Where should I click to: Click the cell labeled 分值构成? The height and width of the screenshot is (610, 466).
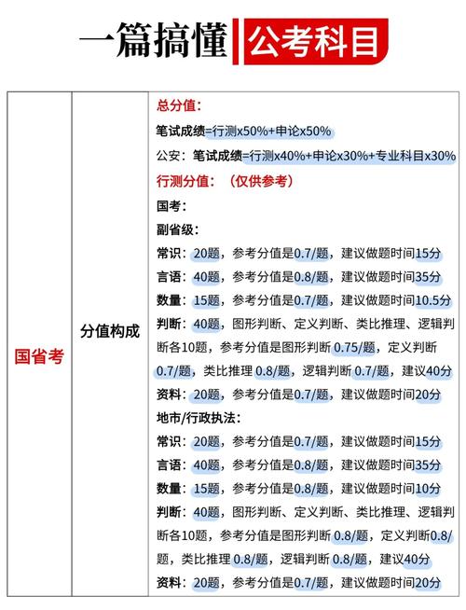click(x=109, y=331)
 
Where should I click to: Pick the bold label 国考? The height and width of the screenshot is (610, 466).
click(x=173, y=204)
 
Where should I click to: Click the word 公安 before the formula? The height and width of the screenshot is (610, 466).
click(x=172, y=156)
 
